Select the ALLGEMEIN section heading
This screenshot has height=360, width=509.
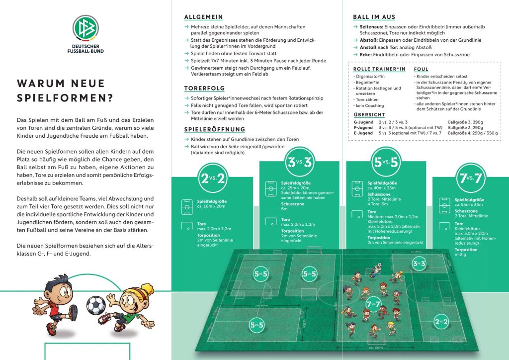(203, 17)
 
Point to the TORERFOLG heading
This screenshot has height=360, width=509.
(204, 88)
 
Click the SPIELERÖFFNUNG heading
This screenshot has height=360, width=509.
(214, 129)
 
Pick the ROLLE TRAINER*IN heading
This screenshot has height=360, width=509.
(379, 69)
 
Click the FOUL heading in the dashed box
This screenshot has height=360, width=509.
(421, 69)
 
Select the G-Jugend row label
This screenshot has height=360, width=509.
(363, 122)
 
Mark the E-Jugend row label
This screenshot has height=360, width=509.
(363, 133)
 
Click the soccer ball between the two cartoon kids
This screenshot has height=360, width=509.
(96, 305)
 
